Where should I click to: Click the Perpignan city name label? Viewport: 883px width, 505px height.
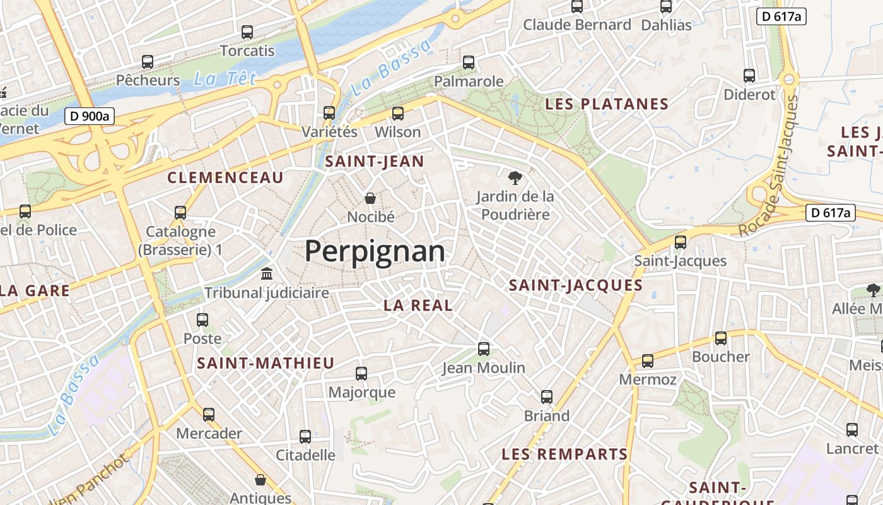(x=375, y=251)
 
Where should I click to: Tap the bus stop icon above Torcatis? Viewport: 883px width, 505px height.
(x=247, y=32)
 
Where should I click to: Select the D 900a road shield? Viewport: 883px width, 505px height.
(x=89, y=116)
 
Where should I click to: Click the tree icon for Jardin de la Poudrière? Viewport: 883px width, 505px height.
(x=515, y=177)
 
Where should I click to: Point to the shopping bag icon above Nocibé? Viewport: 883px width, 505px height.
(x=371, y=198)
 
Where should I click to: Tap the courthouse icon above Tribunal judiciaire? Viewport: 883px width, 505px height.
(x=267, y=274)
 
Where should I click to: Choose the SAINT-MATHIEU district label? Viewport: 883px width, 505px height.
(x=266, y=363)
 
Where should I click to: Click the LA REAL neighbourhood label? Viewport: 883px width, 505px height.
(x=418, y=306)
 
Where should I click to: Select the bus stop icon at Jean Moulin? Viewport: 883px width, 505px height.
(x=484, y=348)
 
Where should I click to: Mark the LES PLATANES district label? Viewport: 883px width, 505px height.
(x=607, y=104)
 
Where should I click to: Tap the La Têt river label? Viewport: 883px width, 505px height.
(x=225, y=78)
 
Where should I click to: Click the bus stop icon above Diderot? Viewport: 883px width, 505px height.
(x=749, y=76)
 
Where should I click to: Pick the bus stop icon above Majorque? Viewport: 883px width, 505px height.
(x=361, y=374)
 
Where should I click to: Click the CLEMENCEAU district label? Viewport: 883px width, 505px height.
(x=225, y=178)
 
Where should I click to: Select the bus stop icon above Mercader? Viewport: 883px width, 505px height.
(x=209, y=415)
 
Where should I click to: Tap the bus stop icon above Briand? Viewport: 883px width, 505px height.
(x=547, y=397)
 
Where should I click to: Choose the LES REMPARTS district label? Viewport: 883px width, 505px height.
(x=564, y=454)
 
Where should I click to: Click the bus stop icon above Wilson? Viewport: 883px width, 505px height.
(x=397, y=114)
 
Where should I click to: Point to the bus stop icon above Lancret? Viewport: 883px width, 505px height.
(x=852, y=430)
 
